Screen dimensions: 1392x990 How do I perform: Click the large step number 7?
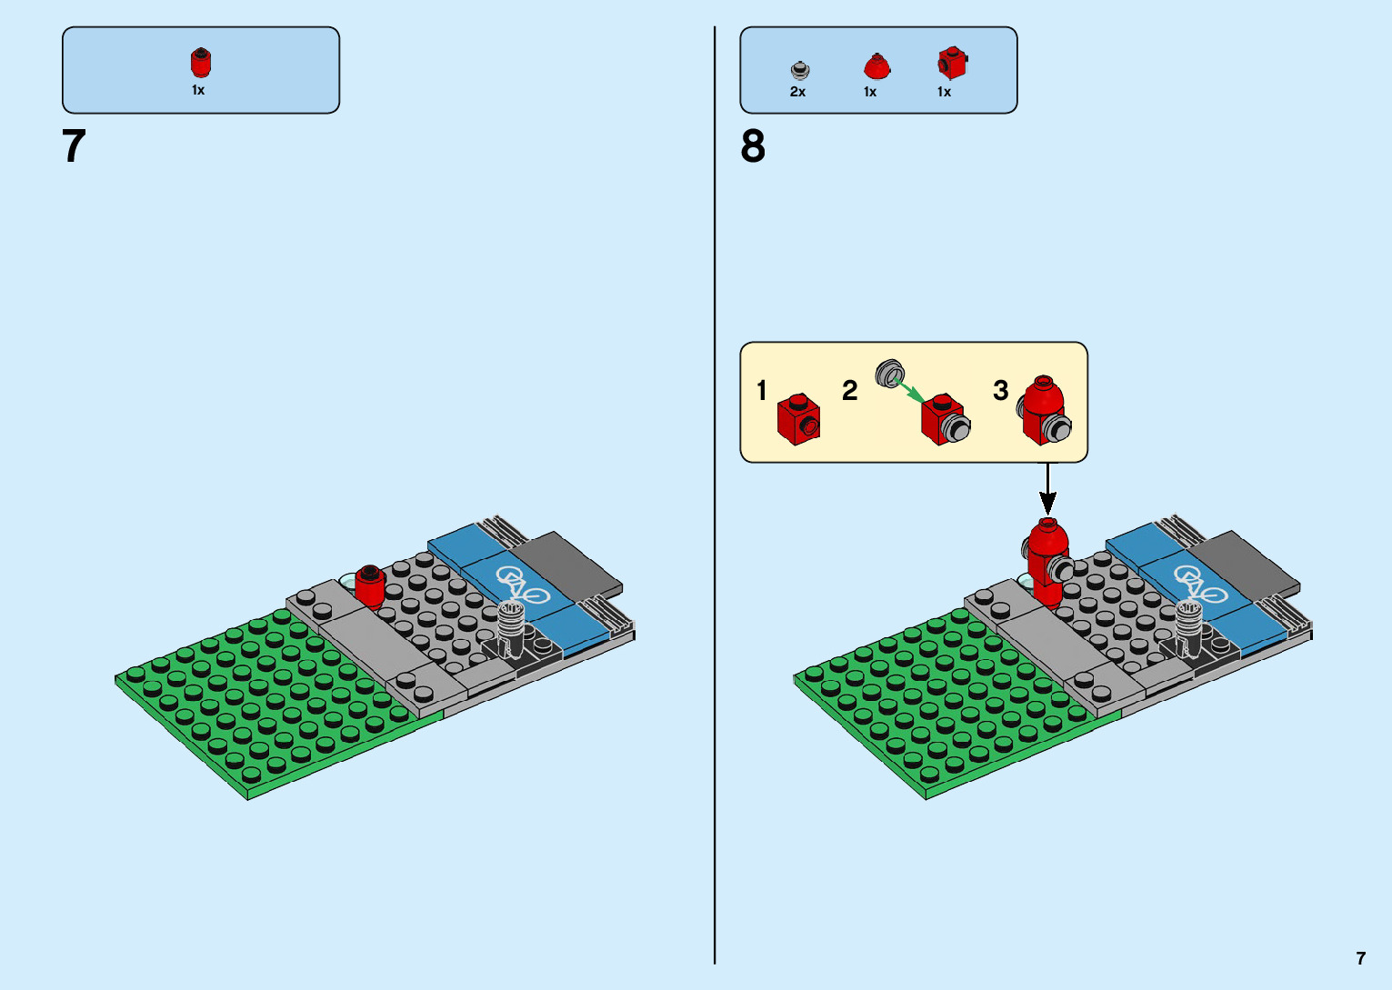point(74,146)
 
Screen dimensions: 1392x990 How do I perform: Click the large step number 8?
point(753,146)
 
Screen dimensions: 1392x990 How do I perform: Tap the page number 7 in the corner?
point(1360,958)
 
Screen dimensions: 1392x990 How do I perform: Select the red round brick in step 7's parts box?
point(200,63)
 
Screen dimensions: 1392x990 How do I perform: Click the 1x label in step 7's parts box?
point(198,90)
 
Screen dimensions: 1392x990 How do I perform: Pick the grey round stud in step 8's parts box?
point(799,69)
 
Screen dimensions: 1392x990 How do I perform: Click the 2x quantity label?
point(797,92)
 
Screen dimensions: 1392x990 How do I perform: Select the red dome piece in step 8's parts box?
point(876,66)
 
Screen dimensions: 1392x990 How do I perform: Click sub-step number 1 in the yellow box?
point(762,391)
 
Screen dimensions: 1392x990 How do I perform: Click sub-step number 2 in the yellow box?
point(849,391)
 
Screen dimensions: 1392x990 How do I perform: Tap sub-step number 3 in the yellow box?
point(1000,391)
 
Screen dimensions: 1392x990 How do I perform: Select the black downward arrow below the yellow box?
point(1047,491)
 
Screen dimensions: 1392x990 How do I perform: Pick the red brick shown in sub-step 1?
point(798,419)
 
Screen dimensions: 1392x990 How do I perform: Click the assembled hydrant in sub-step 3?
point(1044,412)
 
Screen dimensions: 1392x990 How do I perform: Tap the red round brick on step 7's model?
point(370,586)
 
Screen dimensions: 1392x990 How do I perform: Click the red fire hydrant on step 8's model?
point(1047,561)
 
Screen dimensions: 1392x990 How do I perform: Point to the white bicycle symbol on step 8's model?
point(1200,585)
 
